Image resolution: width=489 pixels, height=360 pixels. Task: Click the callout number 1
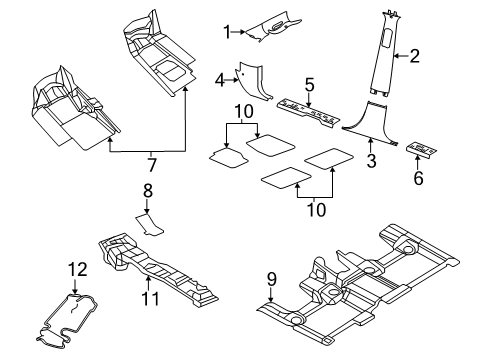[227, 31]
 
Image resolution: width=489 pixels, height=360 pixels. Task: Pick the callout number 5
[310, 85]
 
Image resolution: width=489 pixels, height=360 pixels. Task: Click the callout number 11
[147, 298]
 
